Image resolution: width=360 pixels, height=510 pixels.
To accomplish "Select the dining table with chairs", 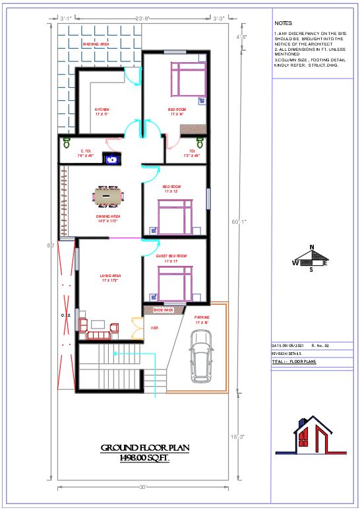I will tap(107, 195).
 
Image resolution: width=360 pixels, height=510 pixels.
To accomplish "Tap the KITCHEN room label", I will tap(102, 110).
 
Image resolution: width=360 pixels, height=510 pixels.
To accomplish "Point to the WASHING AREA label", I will tap(96, 44).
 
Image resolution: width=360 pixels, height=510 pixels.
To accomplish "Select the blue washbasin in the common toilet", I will tap(113, 158).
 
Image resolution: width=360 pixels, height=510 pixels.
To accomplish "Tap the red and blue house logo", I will tap(314, 435).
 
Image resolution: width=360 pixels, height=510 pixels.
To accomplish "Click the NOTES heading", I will tap(283, 22).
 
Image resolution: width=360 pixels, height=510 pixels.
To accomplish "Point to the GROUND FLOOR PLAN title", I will tap(144, 448).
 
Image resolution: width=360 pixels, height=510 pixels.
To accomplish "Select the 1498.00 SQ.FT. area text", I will tap(144, 457).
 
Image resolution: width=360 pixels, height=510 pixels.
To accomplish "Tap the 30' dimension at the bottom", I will tap(143, 488).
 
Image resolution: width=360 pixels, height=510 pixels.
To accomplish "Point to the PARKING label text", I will tap(202, 317).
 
